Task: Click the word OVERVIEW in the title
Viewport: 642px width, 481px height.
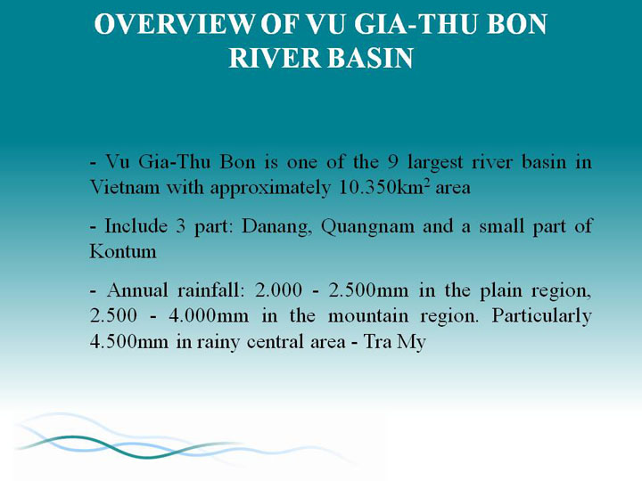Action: (x=174, y=24)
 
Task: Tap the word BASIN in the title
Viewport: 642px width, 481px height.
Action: (x=370, y=58)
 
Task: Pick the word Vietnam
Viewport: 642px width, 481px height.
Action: (x=125, y=188)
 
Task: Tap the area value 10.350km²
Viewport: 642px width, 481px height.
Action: (x=384, y=188)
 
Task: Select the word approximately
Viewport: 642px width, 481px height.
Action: (x=270, y=189)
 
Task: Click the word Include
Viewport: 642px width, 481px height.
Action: (x=136, y=225)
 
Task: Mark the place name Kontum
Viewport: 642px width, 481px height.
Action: (x=123, y=251)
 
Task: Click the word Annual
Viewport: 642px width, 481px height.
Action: (x=137, y=290)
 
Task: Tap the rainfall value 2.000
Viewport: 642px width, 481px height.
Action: (x=278, y=290)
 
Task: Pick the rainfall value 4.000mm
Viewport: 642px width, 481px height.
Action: (x=209, y=316)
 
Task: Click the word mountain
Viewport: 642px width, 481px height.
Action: (x=368, y=316)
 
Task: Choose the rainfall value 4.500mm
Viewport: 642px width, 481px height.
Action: (x=129, y=342)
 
